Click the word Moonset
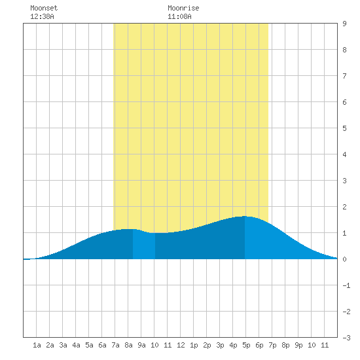click(x=44, y=8)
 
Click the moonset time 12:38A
click(x=42, y=16)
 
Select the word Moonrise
click(x=183, y=8)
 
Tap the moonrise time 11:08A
click(x=179, y=16)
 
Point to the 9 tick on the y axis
click(x=344, y=24)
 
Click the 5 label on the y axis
click(x=344, y=128)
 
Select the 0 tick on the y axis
click(x=344, y=259)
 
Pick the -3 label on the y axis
click(x=346, y=338)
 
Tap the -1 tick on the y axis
click(x=346, y=285)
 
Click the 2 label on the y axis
click(x=344, y=207)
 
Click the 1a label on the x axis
click(x=37, y=345)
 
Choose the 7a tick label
click(x=115, y=345)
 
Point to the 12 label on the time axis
click(x=181, y=345)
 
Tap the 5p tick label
click(x=246, y=345)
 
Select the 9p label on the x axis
click(x=298, y=345)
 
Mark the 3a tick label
click(x=63, y=345)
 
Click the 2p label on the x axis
click(x=207, y=345)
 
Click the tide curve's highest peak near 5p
click(x=245, y=216)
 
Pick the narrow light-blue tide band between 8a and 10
click(x=144, y=245)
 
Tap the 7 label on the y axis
click(x=344, y=76)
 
